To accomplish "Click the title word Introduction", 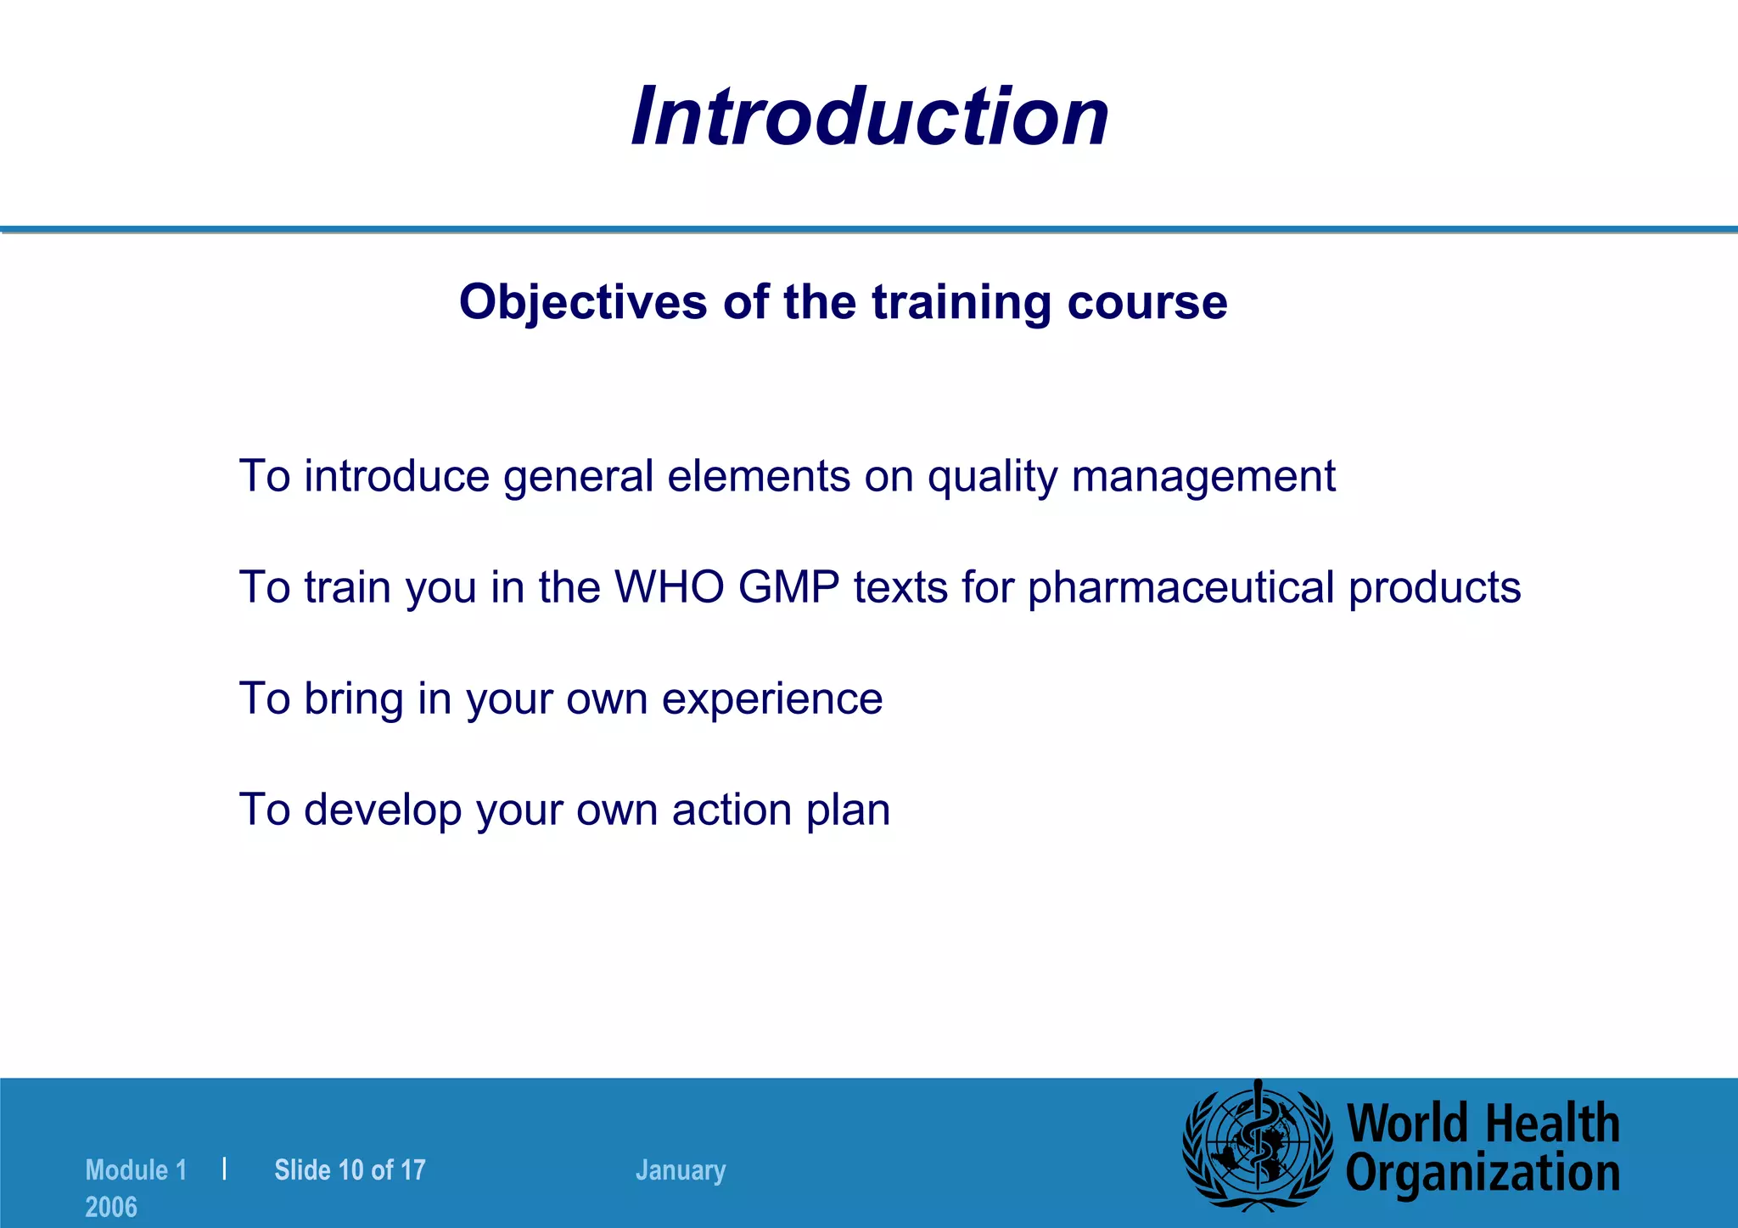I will (870, 117).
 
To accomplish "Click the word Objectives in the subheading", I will (582, 302).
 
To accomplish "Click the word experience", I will (772, 699).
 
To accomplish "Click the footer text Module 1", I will (136, 1170).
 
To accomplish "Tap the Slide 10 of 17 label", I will (350, 1170).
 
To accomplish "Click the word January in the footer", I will (681, 1170).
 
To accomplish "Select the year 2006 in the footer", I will (111, 1207).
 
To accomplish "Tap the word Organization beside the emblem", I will (1483, 1174).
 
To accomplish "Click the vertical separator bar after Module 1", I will (224, 1169).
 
